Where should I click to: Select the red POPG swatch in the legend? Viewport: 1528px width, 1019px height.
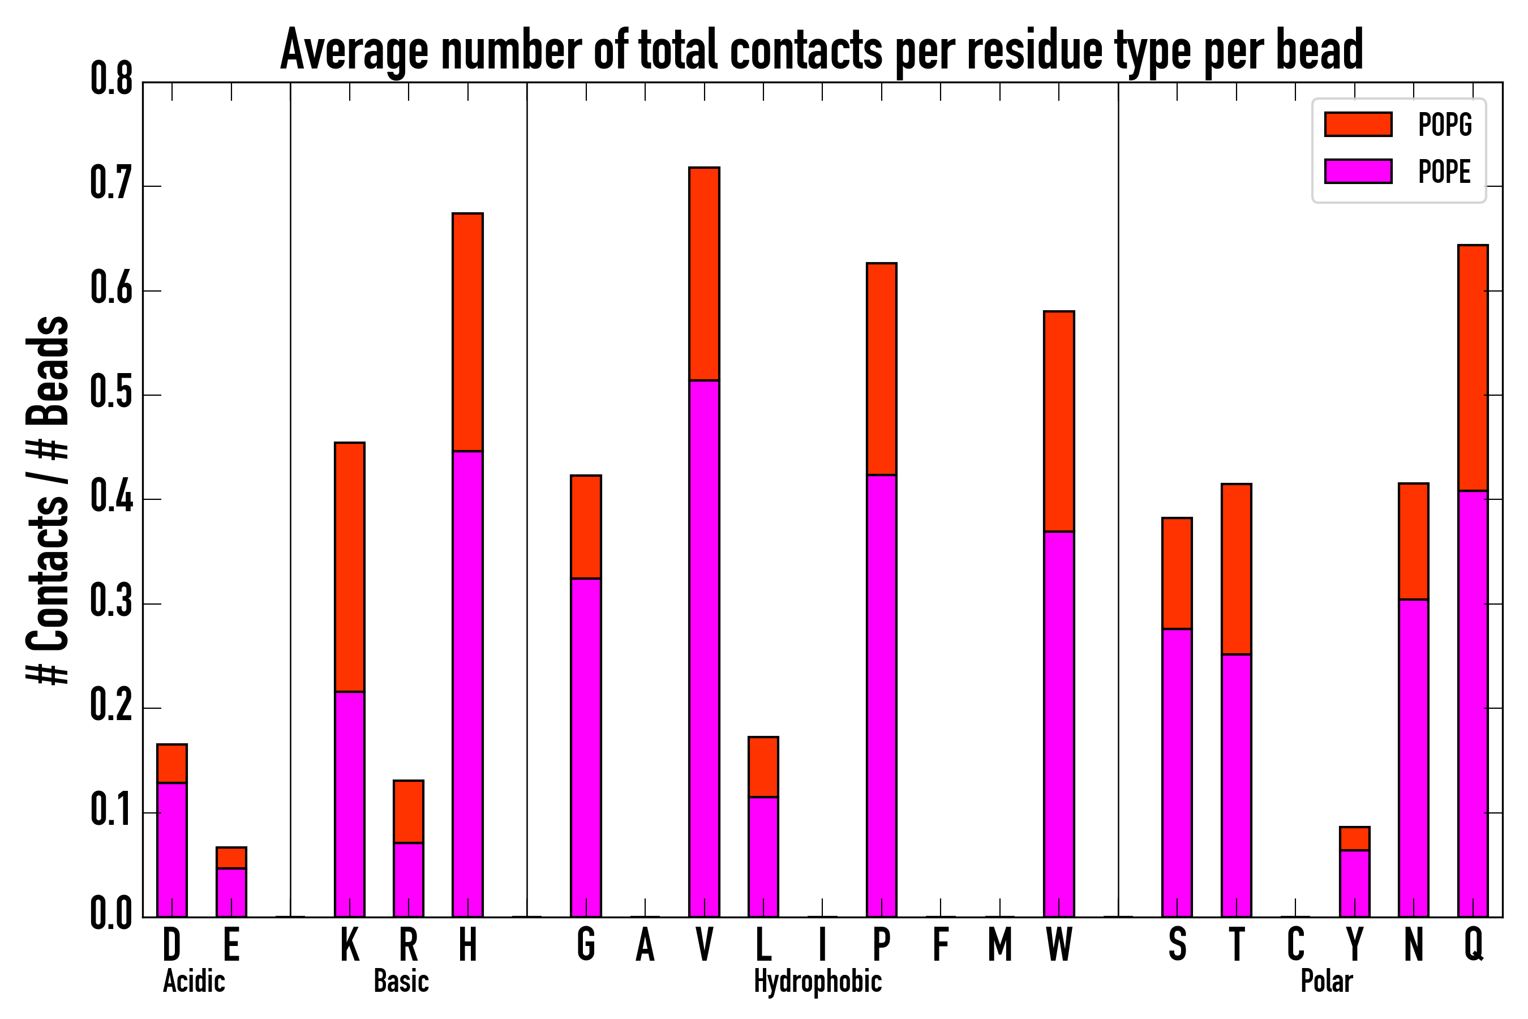(1358, 124)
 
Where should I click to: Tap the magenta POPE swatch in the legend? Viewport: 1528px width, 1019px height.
(1358, 171)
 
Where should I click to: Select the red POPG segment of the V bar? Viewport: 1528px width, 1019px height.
(704, 273)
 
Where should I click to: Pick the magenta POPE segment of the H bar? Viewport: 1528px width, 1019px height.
(468, 682)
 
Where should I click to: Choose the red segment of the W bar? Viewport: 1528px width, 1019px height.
(1059, 421)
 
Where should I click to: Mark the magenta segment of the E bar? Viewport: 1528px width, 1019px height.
(231, 892)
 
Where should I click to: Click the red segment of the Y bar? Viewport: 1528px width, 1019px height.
(1354, 838)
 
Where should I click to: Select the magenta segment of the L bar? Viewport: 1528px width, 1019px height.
(763, 856)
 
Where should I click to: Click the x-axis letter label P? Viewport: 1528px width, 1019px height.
(882, 944)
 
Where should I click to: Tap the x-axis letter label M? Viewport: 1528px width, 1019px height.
(1000, 944)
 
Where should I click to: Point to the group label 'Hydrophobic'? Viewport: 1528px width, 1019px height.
(818, 981)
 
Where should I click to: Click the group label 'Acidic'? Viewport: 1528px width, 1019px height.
(194, 981)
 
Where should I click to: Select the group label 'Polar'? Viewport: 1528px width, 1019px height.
(1327, 981)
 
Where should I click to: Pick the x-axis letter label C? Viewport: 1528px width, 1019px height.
(1295, 944)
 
